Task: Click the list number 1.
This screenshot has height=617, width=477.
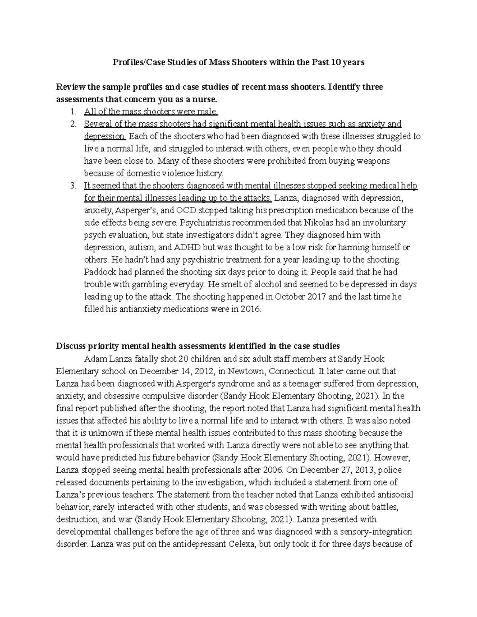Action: pyautogui.click(x=72, y=112)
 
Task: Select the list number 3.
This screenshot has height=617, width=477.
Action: pyautogui.click(x=72, y=186)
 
